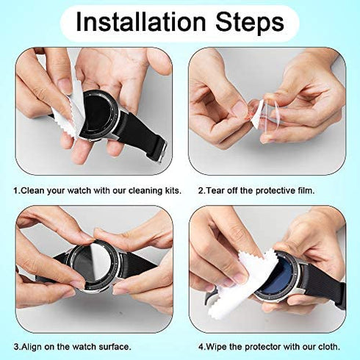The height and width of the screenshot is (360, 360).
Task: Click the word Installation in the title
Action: [x=144, y=23]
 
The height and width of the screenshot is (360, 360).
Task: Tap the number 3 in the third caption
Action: [x=16, y=346]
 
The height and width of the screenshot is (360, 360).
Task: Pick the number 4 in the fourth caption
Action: [x=199, y=346]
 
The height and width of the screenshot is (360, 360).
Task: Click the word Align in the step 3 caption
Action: [x=33, y=346]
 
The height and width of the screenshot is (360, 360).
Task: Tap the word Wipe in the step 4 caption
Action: [x=216, y=346]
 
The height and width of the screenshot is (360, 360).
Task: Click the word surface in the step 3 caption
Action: [x=112, y=346]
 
